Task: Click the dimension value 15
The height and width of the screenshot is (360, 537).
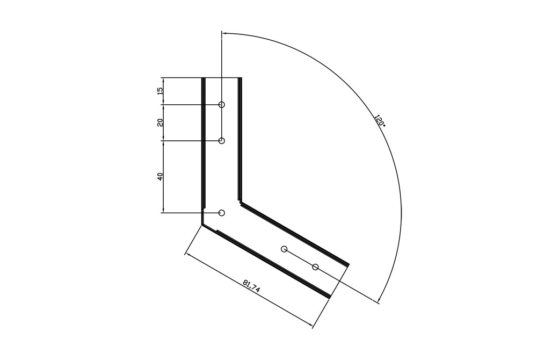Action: click(x=160, y=91)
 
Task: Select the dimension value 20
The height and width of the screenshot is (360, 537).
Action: click(x=160, y=123)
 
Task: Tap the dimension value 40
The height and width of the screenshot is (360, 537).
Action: click(x=160, y=176)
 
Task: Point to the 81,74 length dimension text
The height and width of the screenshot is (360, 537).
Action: click(x=251, y=286)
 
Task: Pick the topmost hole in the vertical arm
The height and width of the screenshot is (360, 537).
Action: click(x=222, y=104)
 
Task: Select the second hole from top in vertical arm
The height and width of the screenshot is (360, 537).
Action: click(x=222, y=141)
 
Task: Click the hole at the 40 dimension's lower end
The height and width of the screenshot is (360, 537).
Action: click(x=222, y=213)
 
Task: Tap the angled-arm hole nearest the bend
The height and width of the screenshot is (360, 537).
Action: click(x=285, y=249)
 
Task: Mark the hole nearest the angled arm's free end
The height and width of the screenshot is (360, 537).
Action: click(x=315, y=267)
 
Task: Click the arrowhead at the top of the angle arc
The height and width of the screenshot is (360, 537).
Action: click(x=224, y=33)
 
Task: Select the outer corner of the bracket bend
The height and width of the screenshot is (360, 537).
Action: click(x=202, y=224)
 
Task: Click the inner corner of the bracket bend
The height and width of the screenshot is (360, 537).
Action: click(x=240, y=203)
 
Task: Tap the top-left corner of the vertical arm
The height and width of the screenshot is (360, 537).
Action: click(x=202, y=78)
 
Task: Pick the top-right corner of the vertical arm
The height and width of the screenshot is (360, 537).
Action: click(x=240, y=78)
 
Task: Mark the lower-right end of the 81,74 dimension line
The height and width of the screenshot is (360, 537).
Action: click(x=313, y=326)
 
